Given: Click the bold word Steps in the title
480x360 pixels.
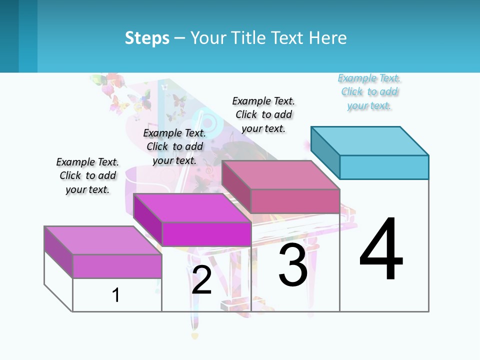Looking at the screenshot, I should [147, 38].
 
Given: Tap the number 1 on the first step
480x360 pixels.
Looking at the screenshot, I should [116, 295].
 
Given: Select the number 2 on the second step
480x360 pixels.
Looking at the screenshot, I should [201, 280].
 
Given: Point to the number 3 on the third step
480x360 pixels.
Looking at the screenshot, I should [293, 265].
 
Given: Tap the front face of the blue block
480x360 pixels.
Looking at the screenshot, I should [384, 167].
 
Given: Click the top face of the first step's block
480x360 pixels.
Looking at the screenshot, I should [103, 240].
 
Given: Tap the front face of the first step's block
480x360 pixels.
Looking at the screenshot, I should [117, 266].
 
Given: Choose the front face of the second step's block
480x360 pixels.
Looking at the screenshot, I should [206, 234].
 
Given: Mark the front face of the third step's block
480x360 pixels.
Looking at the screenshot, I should [295, 201].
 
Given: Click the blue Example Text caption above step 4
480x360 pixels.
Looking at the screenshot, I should [369, 92].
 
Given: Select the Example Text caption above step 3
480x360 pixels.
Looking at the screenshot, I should [263, 114].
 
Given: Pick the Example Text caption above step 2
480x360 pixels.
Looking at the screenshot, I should [174, 146].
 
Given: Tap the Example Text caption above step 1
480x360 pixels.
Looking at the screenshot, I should [87, 175].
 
